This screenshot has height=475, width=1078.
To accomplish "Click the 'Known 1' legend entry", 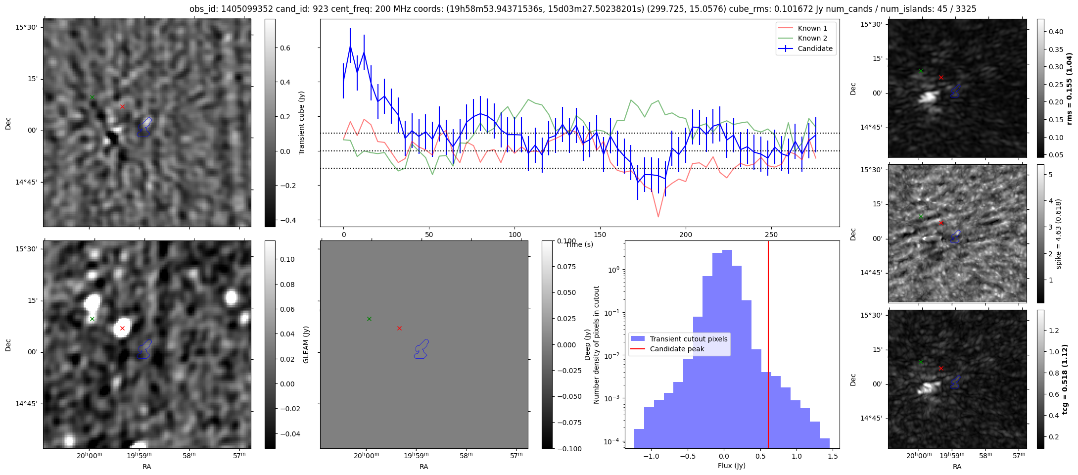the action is [x=806, y=28].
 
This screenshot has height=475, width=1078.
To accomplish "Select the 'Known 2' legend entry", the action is [x=806, y=38].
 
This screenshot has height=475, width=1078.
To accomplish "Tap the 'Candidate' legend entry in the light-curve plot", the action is [x=806, y=48].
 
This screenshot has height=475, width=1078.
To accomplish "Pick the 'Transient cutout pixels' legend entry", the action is [x=679, y=339].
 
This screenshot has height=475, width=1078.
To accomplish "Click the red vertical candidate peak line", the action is [x=768, y=344].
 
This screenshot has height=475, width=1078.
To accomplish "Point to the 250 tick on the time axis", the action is [x=771, y=235].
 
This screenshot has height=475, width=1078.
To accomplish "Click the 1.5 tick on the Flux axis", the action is [x=833, y=456].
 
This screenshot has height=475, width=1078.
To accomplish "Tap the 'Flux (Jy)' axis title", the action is [x=732, y=466].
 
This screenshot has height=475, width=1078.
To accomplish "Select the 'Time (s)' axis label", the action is [x=579, y=244].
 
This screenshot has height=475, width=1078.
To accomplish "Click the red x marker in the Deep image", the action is [x=122, y=328].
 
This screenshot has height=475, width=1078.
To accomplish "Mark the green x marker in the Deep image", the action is [x=92, y=319].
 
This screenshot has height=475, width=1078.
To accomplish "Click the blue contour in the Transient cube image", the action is [x=144, y=127].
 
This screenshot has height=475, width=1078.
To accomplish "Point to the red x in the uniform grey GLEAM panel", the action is [x=399, y=328].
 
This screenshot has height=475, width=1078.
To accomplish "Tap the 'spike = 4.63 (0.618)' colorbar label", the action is [x=1059, y=234].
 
